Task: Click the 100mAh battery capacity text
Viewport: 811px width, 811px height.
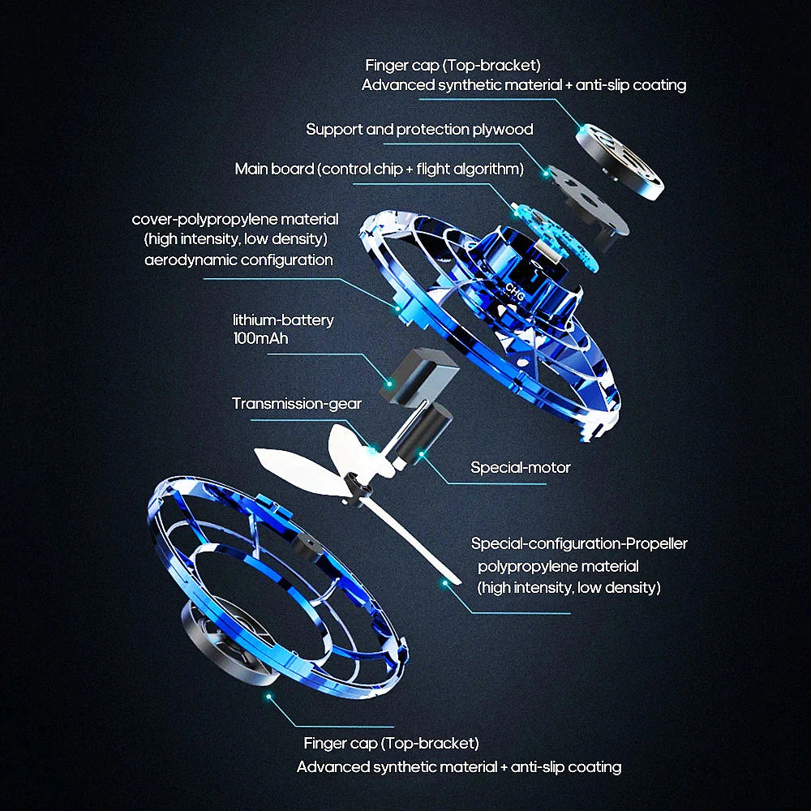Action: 260,338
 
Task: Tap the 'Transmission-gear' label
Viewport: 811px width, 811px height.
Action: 297,403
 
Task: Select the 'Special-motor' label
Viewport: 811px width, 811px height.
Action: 521,467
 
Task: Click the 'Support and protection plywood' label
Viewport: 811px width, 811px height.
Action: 419,129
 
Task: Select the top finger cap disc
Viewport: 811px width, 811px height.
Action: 620,163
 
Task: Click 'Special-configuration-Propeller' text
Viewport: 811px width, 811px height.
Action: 579,543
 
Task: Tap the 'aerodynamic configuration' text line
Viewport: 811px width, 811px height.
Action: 238,260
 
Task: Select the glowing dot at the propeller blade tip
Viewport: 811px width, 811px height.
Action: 444,582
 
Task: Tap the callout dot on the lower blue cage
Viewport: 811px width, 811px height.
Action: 268,695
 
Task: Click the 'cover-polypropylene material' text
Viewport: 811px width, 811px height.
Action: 235,220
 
